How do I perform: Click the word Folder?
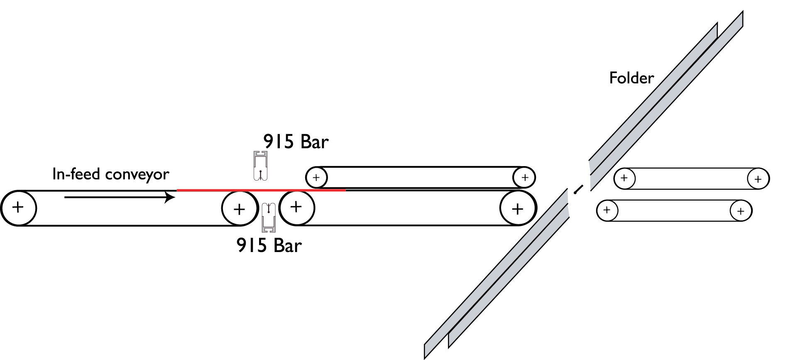point(631,78)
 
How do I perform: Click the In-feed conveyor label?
point(111,174)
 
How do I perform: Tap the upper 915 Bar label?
point(296,142)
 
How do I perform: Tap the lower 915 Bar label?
point(269,245)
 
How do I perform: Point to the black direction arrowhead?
point(170,197)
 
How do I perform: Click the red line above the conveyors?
point(261,190)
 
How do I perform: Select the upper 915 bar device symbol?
point(260,166)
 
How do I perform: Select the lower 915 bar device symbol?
point(269,217)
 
